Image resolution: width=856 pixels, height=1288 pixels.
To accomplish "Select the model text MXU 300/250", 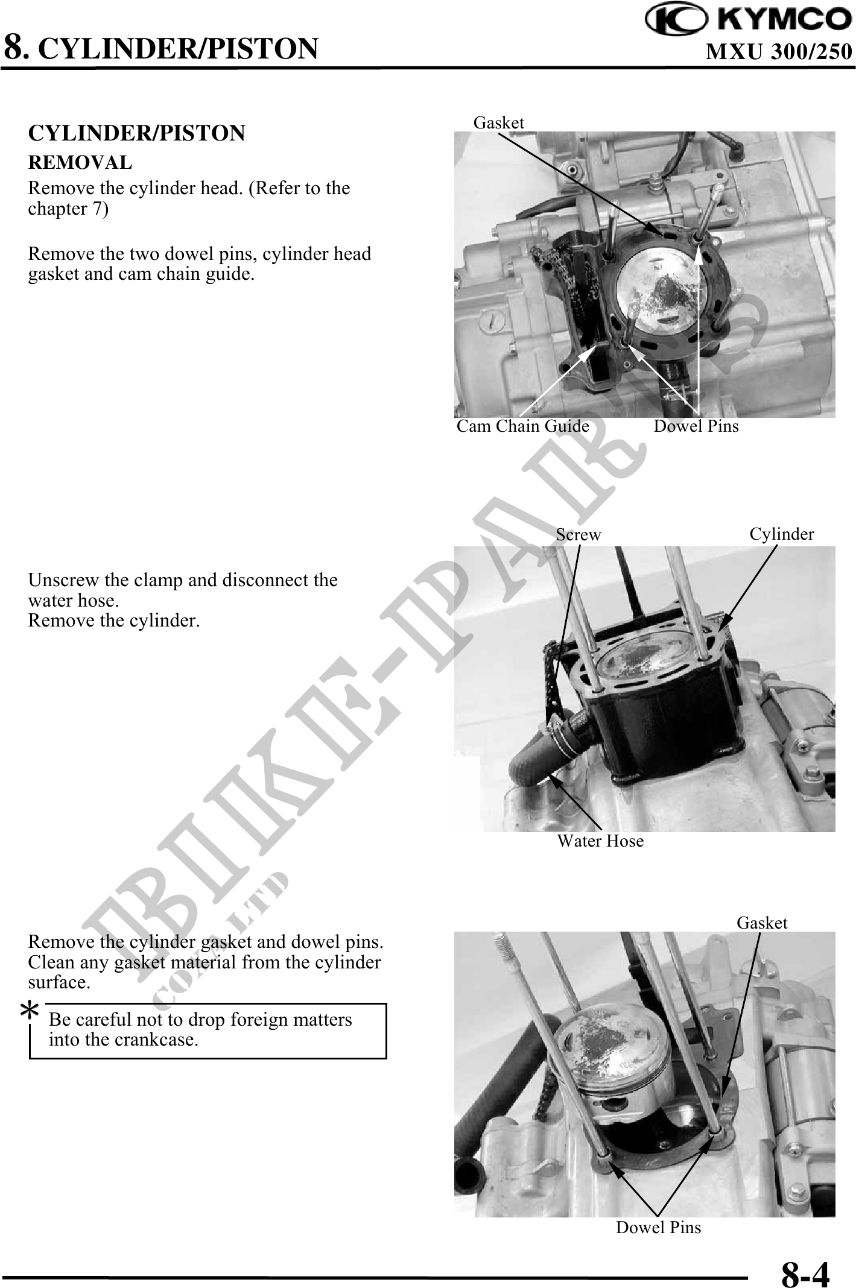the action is (x=779, y=52).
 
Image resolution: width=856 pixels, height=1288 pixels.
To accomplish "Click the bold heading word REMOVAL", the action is (x=80, y=162).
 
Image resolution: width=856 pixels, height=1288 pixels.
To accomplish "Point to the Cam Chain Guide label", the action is (x=522, y=426).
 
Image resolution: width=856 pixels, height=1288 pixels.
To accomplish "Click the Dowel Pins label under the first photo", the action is (x=696, y=426).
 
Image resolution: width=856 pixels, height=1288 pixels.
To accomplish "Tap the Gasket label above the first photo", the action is (x=499, y=122).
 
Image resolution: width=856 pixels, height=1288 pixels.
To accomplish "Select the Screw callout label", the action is (x=579, y=534).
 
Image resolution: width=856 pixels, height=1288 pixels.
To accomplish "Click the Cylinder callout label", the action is (x=782, y=534).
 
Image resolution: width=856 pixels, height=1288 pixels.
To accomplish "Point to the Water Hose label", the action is (x=600, y=841).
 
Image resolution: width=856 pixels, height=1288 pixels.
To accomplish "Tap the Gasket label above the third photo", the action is (x=762, y=923).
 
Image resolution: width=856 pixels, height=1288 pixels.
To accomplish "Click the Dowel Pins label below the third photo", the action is (x=658, y=1227).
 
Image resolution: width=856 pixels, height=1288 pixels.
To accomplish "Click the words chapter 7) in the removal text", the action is (x=69, y=209).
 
